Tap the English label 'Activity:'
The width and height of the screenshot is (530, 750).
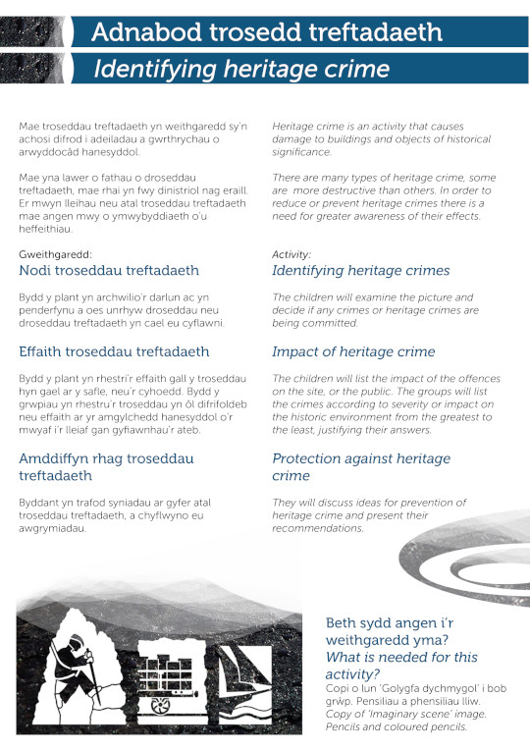[x=291, y=254]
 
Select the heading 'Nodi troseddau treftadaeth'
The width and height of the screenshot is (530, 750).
[x=109, y=270]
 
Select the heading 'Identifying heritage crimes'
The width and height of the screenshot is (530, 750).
[x=360, y=270]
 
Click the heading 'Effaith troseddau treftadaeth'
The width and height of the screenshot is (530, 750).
[x=114, y=350]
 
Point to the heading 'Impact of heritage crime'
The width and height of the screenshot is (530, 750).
[x=353, y=350]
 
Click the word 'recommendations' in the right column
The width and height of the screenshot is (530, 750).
[x=318, y=528]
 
